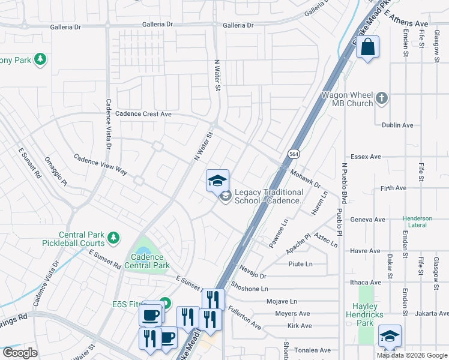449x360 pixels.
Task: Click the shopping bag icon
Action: click(x=367, y=47)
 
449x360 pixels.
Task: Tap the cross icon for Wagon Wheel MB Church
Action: click(x=382, y=97)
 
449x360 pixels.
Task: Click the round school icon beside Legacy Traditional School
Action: click(x=226, y=196)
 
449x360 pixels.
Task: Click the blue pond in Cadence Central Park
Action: click(x=143, y=251)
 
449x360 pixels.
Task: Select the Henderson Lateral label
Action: click(x=417, y=221)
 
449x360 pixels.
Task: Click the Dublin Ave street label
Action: click(x=397, y=125)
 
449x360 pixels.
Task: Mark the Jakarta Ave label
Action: click(x=430, y=313)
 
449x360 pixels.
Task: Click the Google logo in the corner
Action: click(x=20, y=353)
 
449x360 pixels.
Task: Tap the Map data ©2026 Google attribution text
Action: click(x=412, y=355)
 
